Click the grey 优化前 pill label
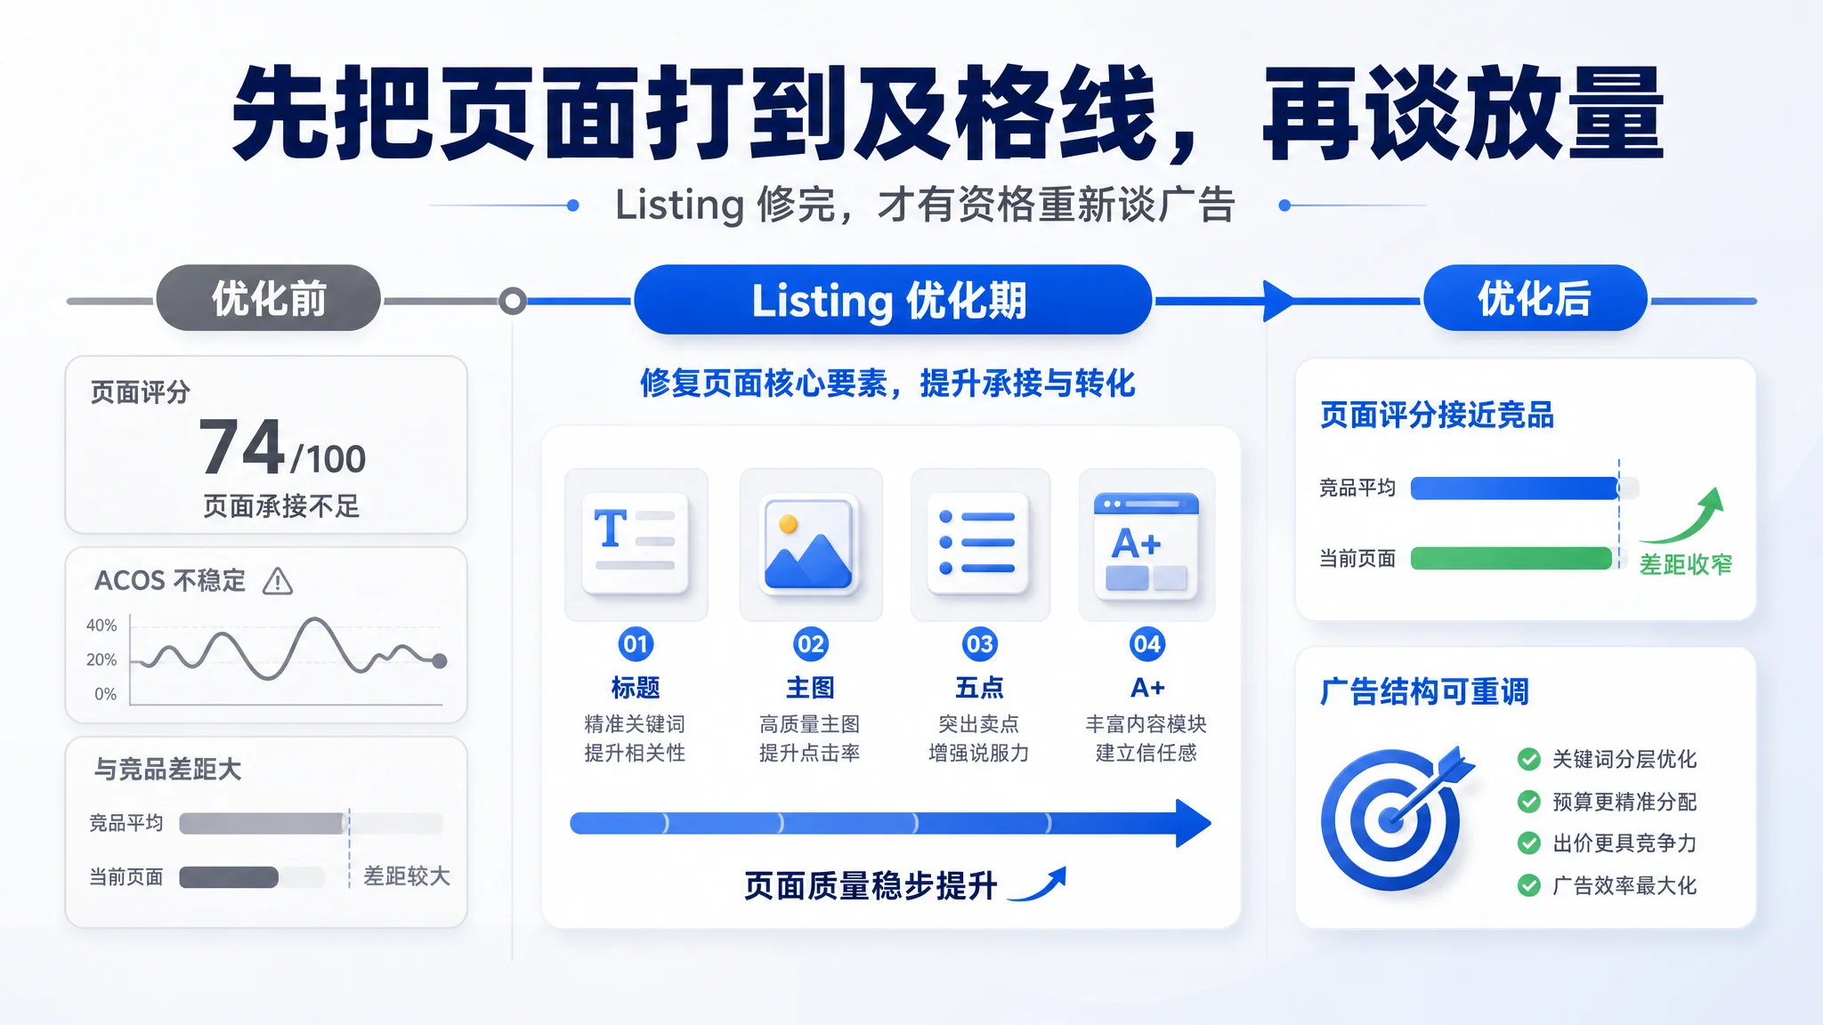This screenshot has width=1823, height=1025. click(268, 298)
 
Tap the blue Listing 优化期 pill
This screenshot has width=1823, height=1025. click(893, 300)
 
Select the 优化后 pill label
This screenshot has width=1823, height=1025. click(1535, 298)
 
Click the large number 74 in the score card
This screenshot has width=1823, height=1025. click(242, 447)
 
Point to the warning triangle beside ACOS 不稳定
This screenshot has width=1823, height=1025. click(278, 581)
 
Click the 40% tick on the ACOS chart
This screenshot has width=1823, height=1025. click(101, 625)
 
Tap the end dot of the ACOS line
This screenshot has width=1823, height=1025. click(439, 661)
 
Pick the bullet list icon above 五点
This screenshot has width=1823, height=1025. click(978, 543)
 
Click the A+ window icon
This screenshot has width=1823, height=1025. click(1146, 543)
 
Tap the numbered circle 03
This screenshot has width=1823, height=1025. click(979, 643)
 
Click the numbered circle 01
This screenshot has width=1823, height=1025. click(636, 643)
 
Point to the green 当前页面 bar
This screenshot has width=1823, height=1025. click(1511, 558)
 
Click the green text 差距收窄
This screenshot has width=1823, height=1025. click(1686, 564)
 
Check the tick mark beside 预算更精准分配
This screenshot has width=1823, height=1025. click(1529, 802)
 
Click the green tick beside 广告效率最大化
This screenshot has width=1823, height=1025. click(1529, 885)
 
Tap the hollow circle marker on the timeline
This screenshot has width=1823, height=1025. click(512, 301)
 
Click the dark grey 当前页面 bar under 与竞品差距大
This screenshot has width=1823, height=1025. click(229, 877)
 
